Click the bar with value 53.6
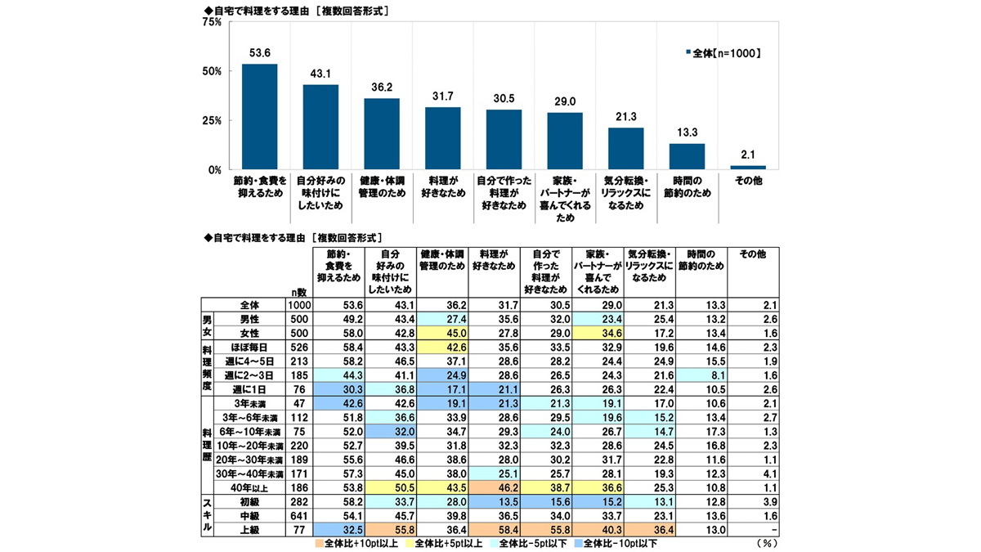click(x=259, y=116)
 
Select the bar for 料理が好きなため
click(x=442, y=138)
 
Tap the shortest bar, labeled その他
click(x=748, y=167)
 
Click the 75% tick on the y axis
click(x=212, y=22)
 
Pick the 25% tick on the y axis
click(x=212, y=120)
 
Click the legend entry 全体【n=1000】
click(x=723, y=54)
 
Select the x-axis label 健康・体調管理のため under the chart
click(x=381, y=186)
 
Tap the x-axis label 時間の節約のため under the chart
click(x=687, y=186)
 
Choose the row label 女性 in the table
click(x=249, y=334)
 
